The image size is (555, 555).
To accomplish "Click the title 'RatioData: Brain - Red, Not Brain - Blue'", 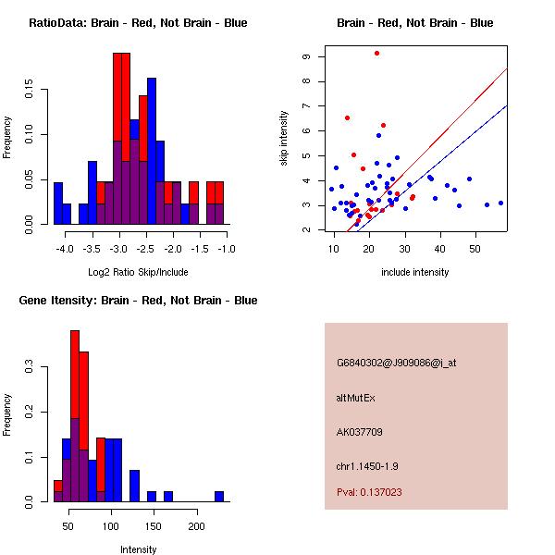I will (138, 23).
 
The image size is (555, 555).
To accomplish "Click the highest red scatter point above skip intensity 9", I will (376, 53).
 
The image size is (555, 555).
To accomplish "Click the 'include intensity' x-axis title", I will (415, 272).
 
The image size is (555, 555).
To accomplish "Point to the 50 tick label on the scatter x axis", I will (475, 249).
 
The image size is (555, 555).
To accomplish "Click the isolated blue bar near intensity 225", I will (219, 496).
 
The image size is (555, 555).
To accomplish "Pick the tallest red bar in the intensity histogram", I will (75, 416).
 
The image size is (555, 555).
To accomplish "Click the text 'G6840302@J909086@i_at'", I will (396, 363).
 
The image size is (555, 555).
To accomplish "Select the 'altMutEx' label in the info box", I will (357, 397).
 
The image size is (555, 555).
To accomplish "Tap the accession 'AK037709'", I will (360, 432).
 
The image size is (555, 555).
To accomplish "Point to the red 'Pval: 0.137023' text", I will (369, 492).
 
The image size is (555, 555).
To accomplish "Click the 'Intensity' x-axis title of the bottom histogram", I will (138, 549).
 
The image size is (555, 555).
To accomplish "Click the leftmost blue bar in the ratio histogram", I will (58, 203).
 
